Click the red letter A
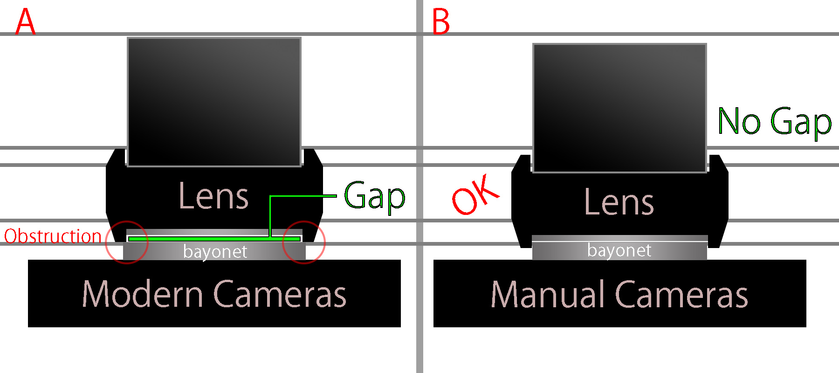pos(25,22)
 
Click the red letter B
pos(441,22)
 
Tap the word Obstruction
pos(53,236)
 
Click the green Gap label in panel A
pos(374,196)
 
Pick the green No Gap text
pos(774,121)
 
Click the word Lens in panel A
pos(213,196)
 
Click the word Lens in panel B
pos(619,202)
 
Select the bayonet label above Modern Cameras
pos(215,252)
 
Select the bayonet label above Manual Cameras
pos(619,250)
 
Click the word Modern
pos(143,294)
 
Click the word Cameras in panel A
pos(280,294)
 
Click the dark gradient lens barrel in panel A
pos(214,102)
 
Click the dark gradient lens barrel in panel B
pos(619,108)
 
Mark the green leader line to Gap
pos(303,196)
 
